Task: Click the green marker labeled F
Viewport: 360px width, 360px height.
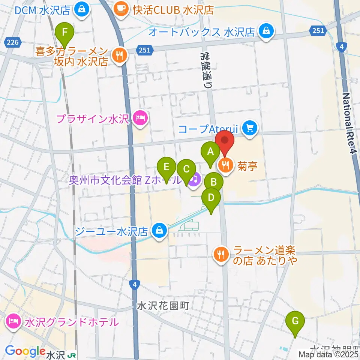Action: [64, 32]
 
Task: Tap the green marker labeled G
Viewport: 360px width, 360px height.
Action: [295, 321]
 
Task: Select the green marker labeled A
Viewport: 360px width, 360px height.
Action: [210, 152]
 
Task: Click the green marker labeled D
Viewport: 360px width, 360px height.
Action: [211, 198]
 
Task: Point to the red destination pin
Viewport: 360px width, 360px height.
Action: [225, 141]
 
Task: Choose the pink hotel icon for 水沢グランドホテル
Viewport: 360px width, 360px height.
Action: [13, 322]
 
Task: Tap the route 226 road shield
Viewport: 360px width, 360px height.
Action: [13, 42]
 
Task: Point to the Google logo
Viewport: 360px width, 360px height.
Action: [25, 351]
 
